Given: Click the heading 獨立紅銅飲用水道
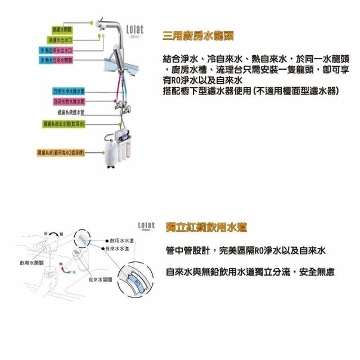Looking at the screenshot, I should coord(206,227).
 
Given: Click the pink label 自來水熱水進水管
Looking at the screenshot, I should coord(69,102).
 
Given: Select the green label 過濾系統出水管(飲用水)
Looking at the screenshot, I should coord(63,124).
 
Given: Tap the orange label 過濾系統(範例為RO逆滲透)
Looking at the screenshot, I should coord(61,152).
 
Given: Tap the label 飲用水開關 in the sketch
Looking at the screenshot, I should coord(30,263).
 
